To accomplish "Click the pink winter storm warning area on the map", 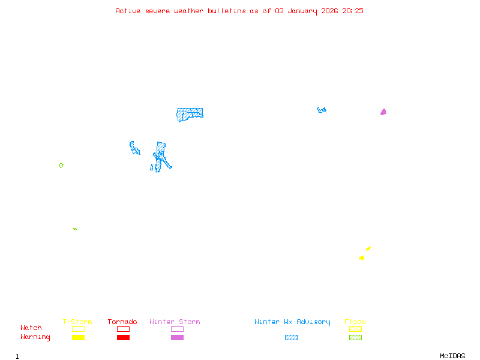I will pos(383,112).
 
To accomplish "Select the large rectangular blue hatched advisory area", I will pos(190,113).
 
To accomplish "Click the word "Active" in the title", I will pos(128,11).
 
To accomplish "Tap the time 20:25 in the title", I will pos(353,11).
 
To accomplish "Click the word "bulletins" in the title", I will pos(226,11).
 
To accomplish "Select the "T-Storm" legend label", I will pos(77,322).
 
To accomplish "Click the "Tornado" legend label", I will pos(122,322).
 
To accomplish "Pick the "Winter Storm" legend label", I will pos(175,322).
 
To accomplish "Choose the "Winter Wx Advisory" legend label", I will pos(292,322).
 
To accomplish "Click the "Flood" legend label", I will pos(355,322).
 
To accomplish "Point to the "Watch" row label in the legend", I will pos(31,328).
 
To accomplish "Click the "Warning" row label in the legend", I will pos(35,337).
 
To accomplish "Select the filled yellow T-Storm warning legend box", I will pos(78,337).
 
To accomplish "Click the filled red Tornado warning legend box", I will pos(123,337).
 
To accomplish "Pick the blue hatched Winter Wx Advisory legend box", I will pos(291,337).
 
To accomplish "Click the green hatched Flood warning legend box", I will pos(355,337).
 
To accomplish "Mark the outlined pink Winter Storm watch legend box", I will pos(177,329).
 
